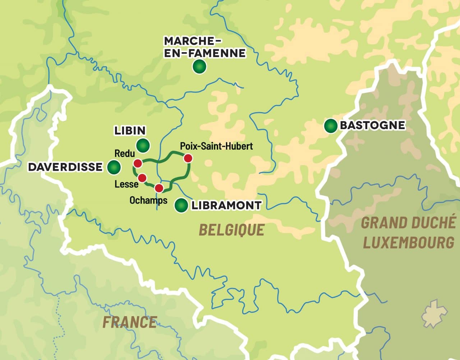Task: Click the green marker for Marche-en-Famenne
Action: click(199, 67)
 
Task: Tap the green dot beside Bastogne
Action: click(330, 126)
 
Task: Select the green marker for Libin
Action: click(143, 145)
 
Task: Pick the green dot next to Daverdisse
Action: click(114, 167)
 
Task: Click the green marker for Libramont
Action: click(181, 205)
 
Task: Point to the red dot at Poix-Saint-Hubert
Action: click(188, 158)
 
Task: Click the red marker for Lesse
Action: click(142, 178)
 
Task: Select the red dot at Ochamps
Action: click(159, 188)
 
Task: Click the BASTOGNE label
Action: click(372, 125)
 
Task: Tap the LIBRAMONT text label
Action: click(226, 205)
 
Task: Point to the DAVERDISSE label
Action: click(65, 167)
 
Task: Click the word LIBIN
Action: click(130, 131)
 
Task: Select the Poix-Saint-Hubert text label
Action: click(216, 146)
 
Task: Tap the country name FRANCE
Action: click(130, 322)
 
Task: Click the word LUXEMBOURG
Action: click(409, 243)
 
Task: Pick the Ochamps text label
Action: click(148, 200)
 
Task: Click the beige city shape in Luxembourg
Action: click(434, 314)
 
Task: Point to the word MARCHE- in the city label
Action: click(192, 41)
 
